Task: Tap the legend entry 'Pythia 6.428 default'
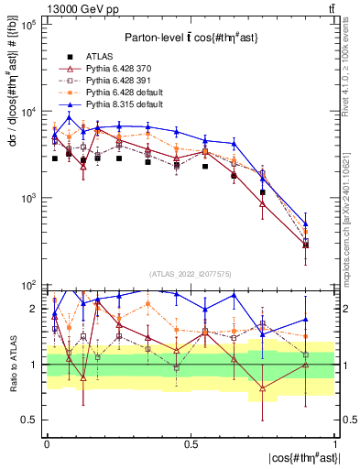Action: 125,93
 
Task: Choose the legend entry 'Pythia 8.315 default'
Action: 125,105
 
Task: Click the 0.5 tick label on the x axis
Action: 191,443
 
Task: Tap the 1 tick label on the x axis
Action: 334,443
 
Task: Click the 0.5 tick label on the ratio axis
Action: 33,420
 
